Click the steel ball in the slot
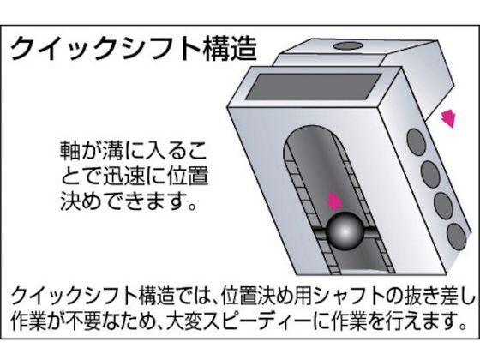coord(345,231)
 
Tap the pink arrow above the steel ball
coord(334,201)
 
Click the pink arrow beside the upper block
coord(448,118)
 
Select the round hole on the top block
coord(348,46)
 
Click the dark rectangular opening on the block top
coord(314,87)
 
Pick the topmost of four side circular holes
coord(417,141)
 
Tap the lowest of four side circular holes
coord(456,237)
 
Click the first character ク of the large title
coord(22,49)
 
